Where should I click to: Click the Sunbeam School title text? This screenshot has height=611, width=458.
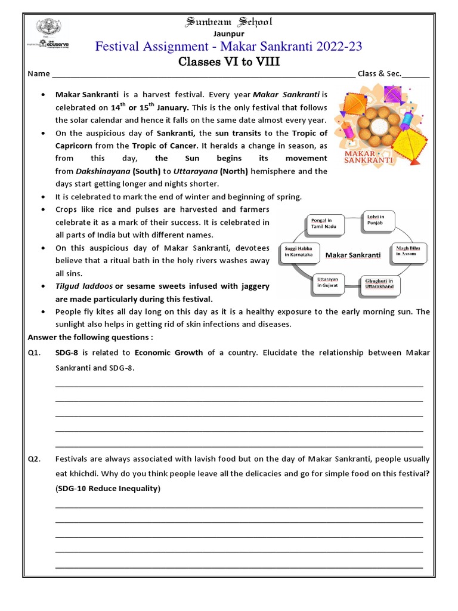pyautogui.click(x=229, y=22)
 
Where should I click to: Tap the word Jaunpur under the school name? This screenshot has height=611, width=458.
pyautogui.click(x=229, y=34)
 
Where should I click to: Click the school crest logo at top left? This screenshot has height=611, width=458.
pyautogui.click(x=47, y=27)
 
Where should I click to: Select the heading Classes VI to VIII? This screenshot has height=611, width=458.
pyautogui.click(x=229, y=62)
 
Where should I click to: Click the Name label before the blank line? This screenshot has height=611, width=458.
pyautogui.click(x=38, y=75)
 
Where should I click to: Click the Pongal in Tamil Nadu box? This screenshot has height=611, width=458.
pyautogui.click(x=325, y=223)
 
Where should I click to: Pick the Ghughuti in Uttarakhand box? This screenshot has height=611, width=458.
pyautogui.click(x=379, y=283)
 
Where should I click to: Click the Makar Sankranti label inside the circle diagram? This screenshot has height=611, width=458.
pyautogui.click(x=352, y=255)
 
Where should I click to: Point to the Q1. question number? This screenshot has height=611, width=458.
pyautogui.click(x=34, y=353)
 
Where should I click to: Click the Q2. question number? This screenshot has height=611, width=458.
pyautogui.click(x=34, y=459)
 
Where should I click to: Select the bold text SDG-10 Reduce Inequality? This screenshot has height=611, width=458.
pyautogui.click(x=108, y=489)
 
